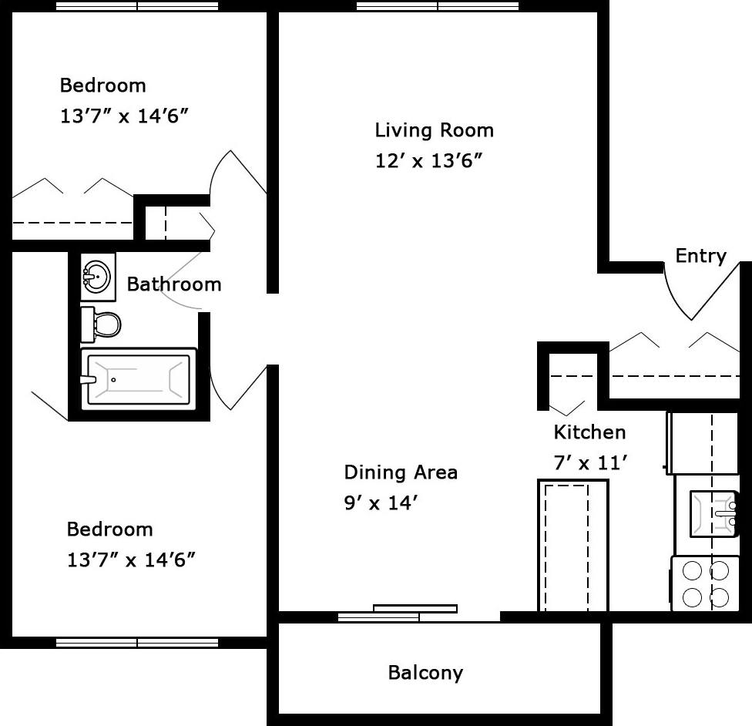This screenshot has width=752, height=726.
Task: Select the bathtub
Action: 138,379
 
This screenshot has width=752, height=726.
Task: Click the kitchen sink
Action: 713,513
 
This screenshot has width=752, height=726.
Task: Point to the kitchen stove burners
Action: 705,584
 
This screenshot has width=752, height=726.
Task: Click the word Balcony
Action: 425,673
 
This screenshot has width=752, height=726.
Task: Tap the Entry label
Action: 700,256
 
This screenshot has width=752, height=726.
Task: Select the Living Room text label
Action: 434,130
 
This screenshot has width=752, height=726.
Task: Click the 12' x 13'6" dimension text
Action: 428,161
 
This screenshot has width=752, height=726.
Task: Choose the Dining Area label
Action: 400,472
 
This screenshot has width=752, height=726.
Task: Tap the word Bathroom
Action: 173,284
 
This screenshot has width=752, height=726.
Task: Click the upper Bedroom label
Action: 102,85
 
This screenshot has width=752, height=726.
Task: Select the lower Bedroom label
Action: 109,529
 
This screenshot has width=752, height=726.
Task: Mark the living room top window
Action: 438,6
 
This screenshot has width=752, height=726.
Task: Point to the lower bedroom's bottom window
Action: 137,642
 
